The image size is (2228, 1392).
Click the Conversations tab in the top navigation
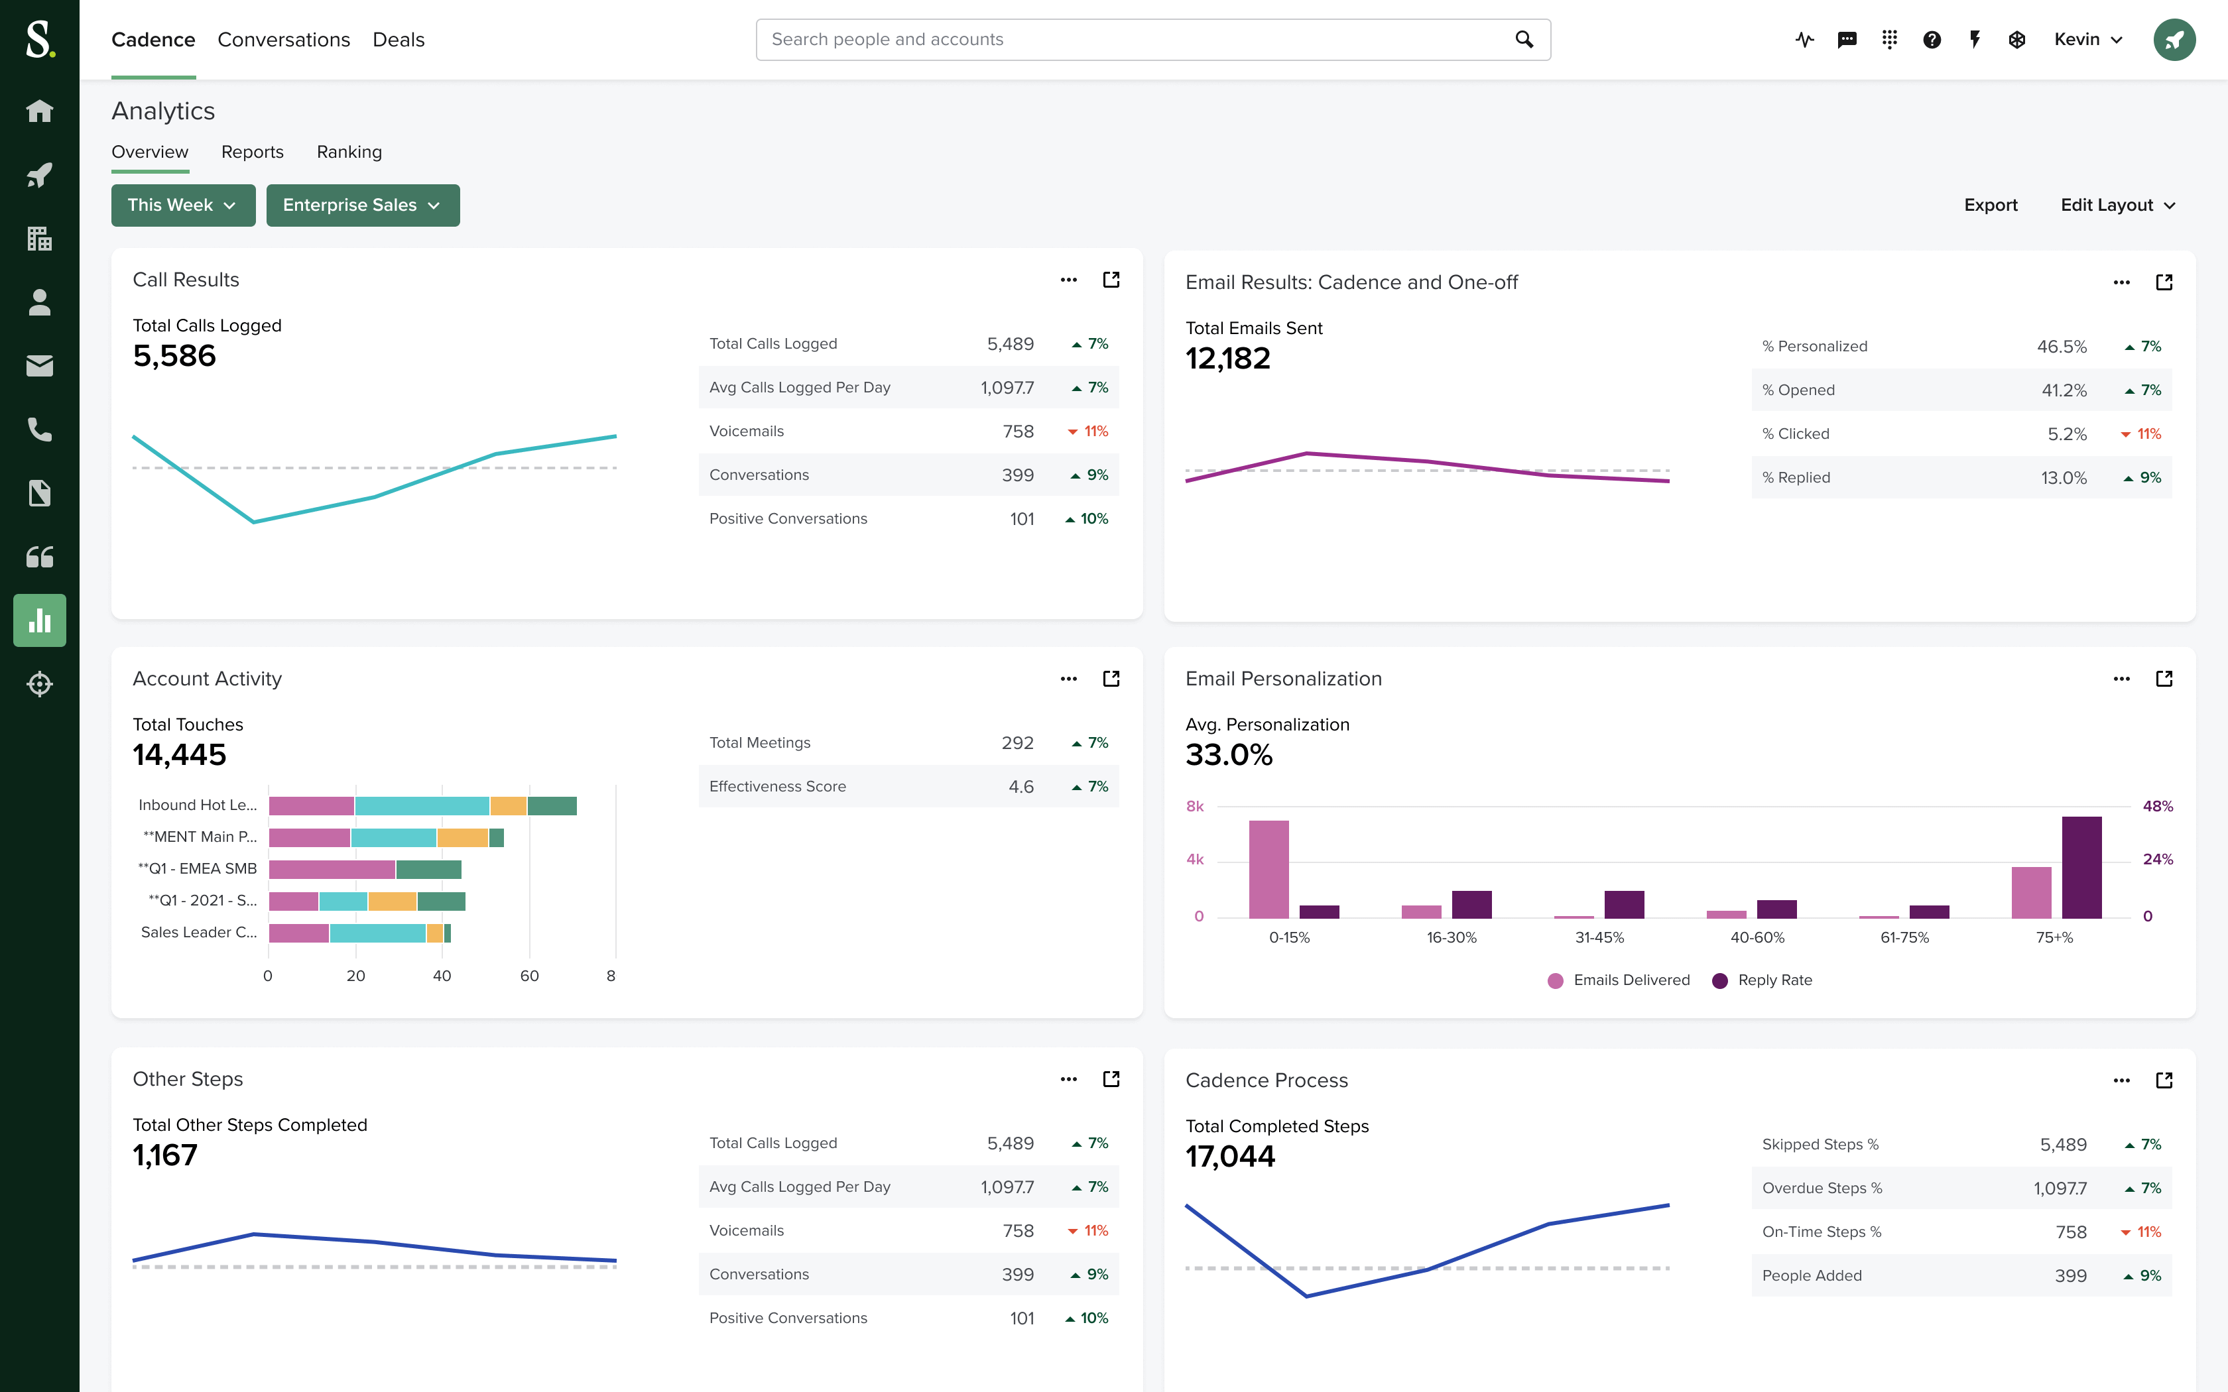coord(284,40)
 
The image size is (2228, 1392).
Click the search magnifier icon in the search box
coord(1524,40)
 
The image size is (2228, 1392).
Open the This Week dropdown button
coord(182,204)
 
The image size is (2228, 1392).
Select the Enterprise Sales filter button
coord(362,204)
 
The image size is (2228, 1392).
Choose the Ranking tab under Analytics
coord(349,152)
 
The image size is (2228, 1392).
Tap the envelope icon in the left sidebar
coord(40,367)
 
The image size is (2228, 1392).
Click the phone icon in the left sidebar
coord(40,430)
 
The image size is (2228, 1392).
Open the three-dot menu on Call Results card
coord(1068,280)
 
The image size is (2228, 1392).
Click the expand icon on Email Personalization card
coord(2164,679)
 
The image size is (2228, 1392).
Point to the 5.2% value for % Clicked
coord(2066,434)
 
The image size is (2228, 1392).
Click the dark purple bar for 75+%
coord(2081,866)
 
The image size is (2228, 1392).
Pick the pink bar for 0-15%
coord(1268,868)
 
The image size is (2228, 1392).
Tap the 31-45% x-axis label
coord(1599,937)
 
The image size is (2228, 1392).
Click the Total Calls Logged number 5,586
coord(174,357)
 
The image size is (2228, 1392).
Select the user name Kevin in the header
coord(2076,40)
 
